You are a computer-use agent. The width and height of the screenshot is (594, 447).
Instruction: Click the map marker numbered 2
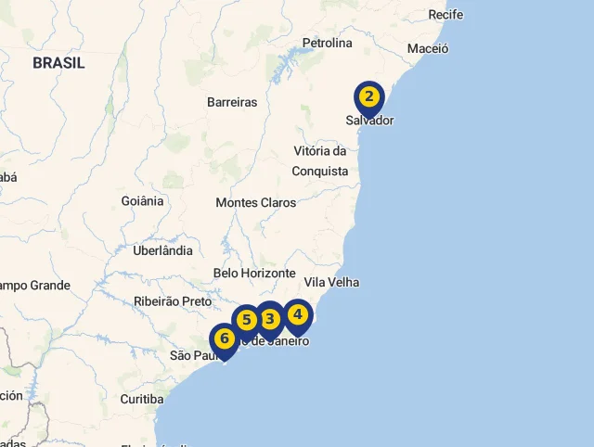pos(369,96)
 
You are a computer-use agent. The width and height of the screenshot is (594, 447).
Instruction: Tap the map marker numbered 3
pos(269,319)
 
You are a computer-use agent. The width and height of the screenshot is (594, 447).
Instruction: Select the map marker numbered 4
pos(297,315)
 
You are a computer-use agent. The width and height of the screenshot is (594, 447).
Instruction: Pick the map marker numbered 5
pos(246,321)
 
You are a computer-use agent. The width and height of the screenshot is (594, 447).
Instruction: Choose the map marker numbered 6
pos(224,339)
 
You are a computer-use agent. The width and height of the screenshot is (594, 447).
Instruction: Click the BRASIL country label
pos(58,63)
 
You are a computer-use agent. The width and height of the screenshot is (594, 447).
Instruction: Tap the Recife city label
pos(445,15)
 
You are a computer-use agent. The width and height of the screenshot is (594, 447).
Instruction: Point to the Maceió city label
pos(428,48)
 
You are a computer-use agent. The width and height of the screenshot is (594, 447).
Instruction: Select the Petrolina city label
pos(327,43)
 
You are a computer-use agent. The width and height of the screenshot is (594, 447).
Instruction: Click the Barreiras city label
pos(232,102)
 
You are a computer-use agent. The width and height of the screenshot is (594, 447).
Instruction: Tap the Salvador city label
pos(369,121)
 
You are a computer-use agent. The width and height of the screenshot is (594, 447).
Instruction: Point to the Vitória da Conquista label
pos(320,161)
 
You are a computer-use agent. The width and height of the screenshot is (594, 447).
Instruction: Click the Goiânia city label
pos(142,200)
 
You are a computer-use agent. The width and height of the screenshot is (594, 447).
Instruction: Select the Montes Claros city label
pos(256,202)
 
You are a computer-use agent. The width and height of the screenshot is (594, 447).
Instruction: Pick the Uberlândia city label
pos(162,250)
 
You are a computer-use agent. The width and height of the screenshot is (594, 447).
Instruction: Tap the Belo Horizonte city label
pos(254,274)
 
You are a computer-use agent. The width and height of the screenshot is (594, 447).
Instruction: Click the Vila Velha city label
pos(331,282)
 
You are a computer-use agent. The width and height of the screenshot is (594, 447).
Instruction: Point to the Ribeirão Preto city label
pos(173,301)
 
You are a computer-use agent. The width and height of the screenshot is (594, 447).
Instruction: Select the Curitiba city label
pos(141,399)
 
